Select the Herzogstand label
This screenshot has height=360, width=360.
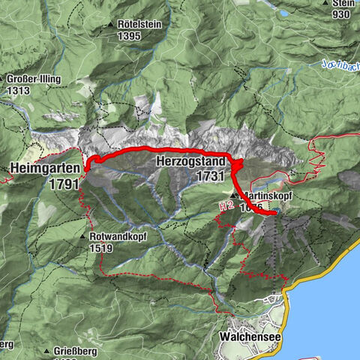pyautogui.click(x=190, y=161)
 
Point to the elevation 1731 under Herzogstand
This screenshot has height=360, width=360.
pyautogui.click(x=209, y=175)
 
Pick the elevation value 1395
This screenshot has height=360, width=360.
pyautogui.click(x=129, y=36)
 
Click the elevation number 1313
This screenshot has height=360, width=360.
pyautogui.click(x=18, y=91)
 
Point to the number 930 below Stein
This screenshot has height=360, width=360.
pyautogui.click(x=342, y=15)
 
